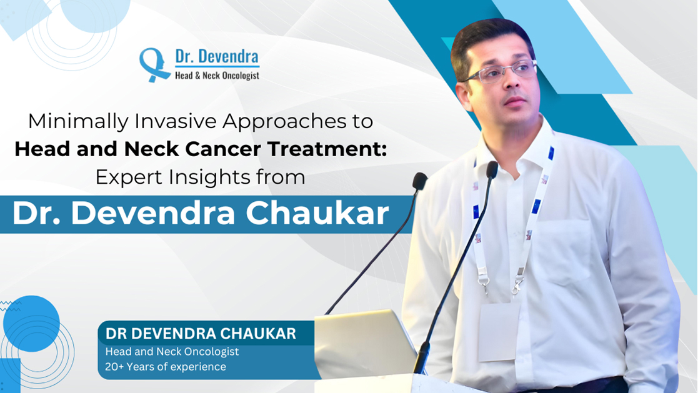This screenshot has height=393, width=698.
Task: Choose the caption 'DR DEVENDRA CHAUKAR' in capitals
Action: (x=201, y=334)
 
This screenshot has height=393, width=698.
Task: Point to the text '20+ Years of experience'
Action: (x=166, y=367)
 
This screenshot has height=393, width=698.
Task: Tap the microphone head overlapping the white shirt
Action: (x=491, y=169)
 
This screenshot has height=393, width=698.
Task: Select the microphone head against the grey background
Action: (x=419, y=181)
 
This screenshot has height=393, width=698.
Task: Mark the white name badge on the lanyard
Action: (x=499, y=331)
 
